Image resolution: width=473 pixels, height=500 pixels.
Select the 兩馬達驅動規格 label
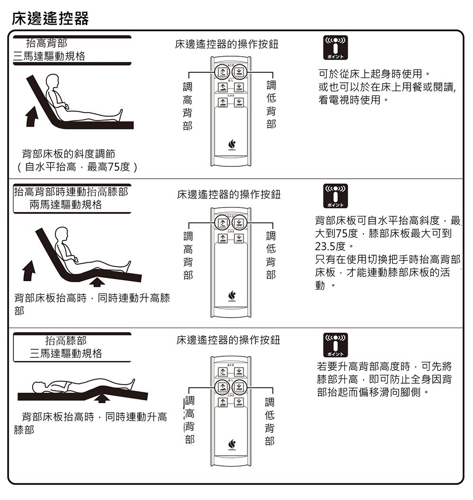(66, 205)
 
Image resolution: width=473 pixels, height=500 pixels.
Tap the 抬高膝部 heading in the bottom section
(66, 340)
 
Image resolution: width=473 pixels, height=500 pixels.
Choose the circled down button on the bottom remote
(239, 387)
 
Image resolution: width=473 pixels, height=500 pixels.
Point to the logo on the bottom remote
(231, 444)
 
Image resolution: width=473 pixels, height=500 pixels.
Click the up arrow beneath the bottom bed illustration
(102, 399)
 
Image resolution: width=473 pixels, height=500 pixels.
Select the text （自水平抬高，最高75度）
(76, 167)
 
